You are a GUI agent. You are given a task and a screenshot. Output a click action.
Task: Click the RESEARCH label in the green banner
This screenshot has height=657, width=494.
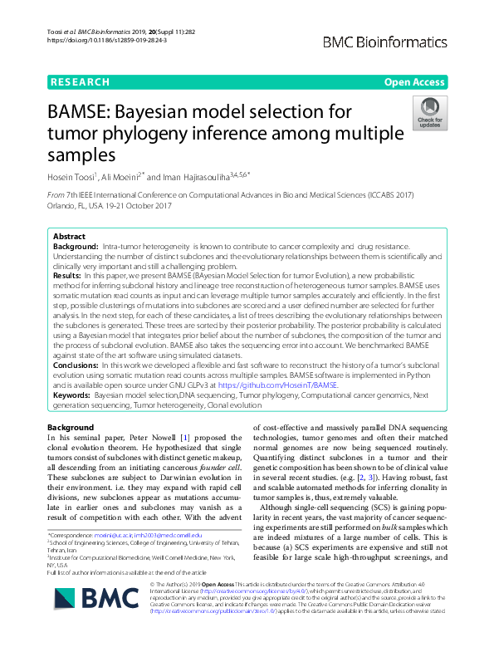pyautogui.click(x=80, y=82)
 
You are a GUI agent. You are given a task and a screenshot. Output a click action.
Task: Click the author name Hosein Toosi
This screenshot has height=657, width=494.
pyautogui.click(x=72, y=176)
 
